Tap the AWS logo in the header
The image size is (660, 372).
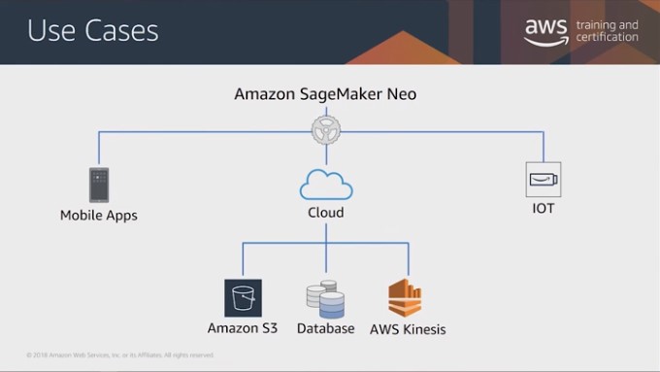(545, 31)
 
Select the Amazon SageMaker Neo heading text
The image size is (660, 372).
(325, 94)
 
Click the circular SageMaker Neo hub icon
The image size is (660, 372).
(325, 130)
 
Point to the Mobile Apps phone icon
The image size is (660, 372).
(98, 185)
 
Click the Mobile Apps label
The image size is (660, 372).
(98, 215)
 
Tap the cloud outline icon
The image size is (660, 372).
(325, 183)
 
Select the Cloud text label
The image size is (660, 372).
(325, 212)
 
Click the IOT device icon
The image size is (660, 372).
(544, 180)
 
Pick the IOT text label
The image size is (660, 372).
(544, 208)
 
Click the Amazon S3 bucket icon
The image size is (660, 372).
(243, 298)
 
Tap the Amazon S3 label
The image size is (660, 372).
(243, 328)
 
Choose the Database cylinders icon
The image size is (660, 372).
(325, 299)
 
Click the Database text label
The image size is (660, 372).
(325, 328)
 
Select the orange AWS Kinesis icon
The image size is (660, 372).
(406, 298)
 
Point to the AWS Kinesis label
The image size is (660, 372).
(408, 328)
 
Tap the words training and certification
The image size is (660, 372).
(607, 31)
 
